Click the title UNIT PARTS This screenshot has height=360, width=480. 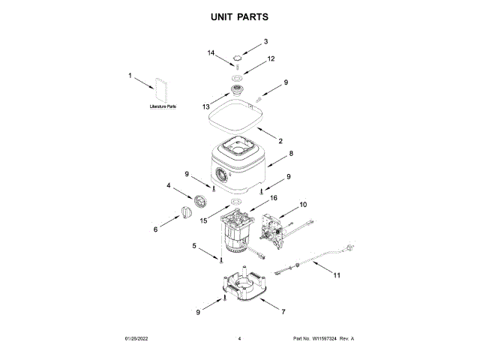(240, 16)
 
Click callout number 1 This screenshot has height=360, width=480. (130, 75)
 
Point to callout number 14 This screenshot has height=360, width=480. (211, 53)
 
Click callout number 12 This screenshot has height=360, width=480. (271, 58)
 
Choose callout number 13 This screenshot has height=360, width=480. (205, 107)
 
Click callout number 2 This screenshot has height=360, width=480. (280, 140)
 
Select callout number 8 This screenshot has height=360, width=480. (291, 154)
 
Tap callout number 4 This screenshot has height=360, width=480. (169, 185)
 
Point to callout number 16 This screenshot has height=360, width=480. (274, 199)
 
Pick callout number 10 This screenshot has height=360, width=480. (303, 204)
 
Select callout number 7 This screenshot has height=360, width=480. (283, 310)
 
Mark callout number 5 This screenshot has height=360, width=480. (194, 245)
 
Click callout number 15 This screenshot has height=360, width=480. (202, 220)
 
